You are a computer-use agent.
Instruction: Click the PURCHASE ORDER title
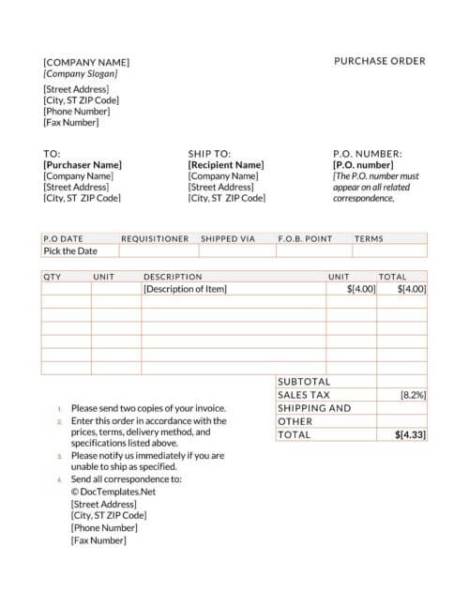[379, 61]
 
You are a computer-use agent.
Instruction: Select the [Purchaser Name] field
[83, 165]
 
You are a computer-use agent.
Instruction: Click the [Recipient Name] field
[226, 165]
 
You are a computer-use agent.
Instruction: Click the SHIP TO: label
[209, 153]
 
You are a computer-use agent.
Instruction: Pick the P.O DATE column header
[64, 238]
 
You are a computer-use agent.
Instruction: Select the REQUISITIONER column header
[155, 238]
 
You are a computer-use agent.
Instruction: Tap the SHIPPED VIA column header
[228, 238]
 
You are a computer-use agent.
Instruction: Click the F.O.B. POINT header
[305, 238]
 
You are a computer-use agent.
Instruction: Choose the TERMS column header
[369, 238]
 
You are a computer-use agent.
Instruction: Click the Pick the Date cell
[70, 251]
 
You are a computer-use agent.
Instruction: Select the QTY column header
[53, 277]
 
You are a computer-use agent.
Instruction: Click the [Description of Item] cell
[185, 290]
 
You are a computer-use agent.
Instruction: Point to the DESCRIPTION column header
[173, 277]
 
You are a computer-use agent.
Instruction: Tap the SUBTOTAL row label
[304, 382]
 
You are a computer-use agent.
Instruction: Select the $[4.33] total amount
[410, 435]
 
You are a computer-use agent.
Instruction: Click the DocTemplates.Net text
[113, 491]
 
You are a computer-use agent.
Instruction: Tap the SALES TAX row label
[304, 395]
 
